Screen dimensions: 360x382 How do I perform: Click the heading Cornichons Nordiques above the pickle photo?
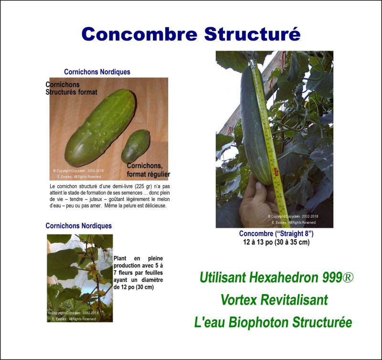point(97,72)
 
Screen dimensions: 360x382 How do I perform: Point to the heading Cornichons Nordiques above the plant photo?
point(78,226)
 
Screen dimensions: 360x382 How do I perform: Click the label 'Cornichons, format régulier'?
point(148,170)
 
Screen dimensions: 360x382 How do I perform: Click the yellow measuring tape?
point(269,143)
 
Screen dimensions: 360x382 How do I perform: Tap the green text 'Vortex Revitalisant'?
point(274,300)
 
